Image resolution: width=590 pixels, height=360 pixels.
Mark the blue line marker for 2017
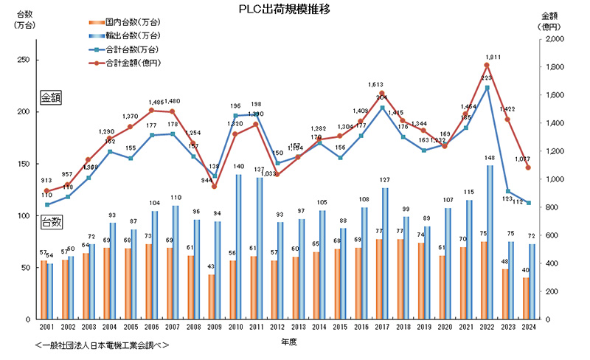click(x=382, y=108)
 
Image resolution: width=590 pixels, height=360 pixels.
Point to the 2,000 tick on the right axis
click(x=555, y=39)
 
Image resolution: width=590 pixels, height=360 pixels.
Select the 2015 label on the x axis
click(x=341, y=326)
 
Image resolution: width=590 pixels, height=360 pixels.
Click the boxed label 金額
click(x=52, y=97)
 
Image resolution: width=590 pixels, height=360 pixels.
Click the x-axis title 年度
click(x=290, y=342)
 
